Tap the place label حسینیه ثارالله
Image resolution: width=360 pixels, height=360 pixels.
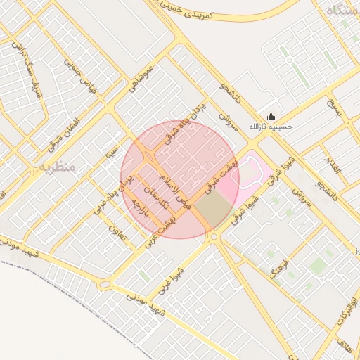(x=271, y=128)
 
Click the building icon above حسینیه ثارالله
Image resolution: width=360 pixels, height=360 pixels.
(x=271, y=117)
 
